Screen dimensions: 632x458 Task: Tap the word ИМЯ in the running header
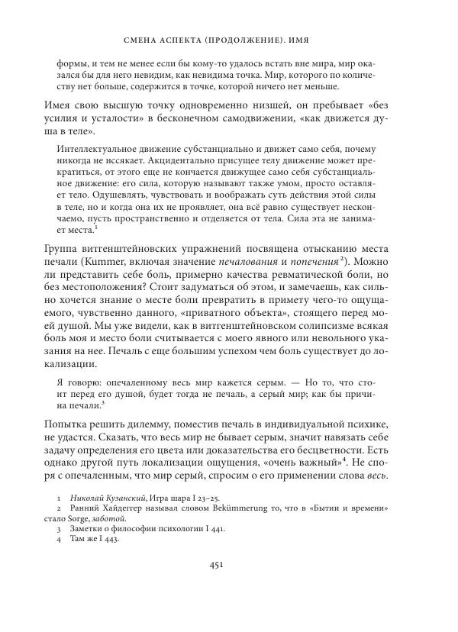(318, 37)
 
